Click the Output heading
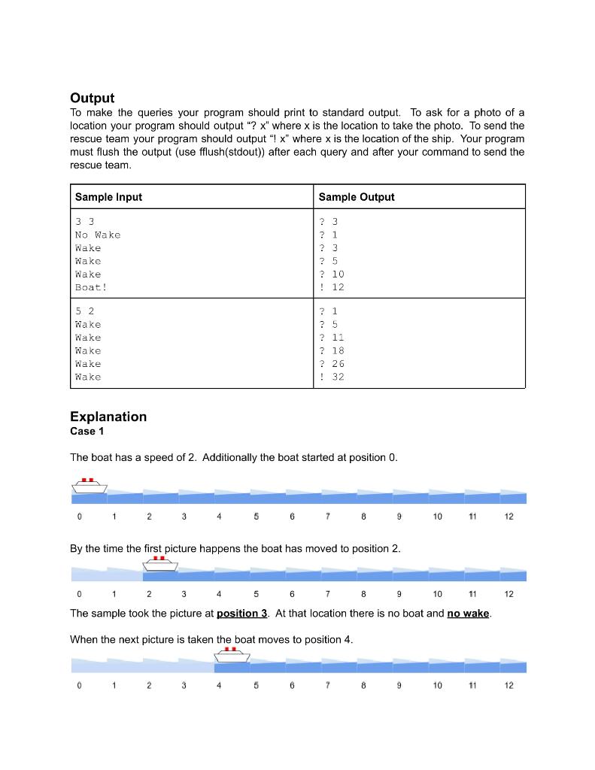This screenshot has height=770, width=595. tap(92, 98)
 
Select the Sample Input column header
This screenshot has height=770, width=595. tap(108, 197)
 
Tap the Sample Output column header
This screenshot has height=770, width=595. tap(356, 197)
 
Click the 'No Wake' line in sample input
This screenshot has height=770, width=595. tap(98, 235)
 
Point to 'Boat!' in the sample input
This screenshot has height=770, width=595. tap(91, 287)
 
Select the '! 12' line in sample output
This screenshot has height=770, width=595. tap(332, 287)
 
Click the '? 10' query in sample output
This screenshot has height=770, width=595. tap(332, 274)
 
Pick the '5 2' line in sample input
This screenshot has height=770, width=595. tap(84, 311)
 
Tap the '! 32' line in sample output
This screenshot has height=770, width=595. tap(332, 377)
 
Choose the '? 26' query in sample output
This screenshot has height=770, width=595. tap(332, 364)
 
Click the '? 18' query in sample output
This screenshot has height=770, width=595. tap(332, 350)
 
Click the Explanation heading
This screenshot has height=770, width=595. tap(108, 417)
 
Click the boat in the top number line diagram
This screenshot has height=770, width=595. tap(90, 485)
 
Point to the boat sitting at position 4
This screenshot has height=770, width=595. tap(232, 654)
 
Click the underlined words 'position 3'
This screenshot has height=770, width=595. tap(241, 614)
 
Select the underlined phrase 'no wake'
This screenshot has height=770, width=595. tap(467, 614)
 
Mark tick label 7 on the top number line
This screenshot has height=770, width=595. tap(328, 517)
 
